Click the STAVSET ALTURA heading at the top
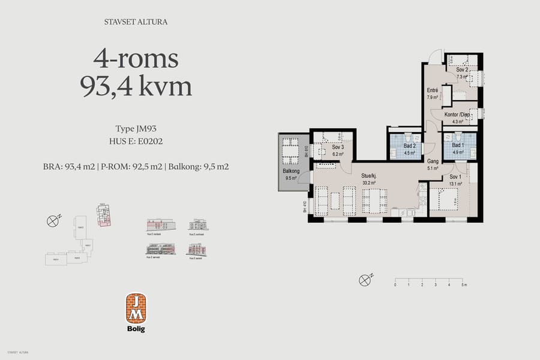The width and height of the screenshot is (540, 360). (x=136, y=22)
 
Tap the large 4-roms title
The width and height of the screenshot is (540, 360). (x=136, y=59)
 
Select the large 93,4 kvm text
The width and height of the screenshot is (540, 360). (x=136, y=87)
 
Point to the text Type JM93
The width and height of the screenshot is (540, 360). (x=136, y=128)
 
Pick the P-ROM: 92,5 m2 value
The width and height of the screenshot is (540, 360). (x=131, y=167)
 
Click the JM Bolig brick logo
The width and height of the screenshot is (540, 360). (x=136, y=312)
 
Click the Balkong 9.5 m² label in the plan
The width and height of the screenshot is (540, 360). (x=291, y=174)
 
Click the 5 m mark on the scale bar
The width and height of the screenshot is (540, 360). (x=463, y=285)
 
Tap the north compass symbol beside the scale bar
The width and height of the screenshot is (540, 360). (x=364, y=280)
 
